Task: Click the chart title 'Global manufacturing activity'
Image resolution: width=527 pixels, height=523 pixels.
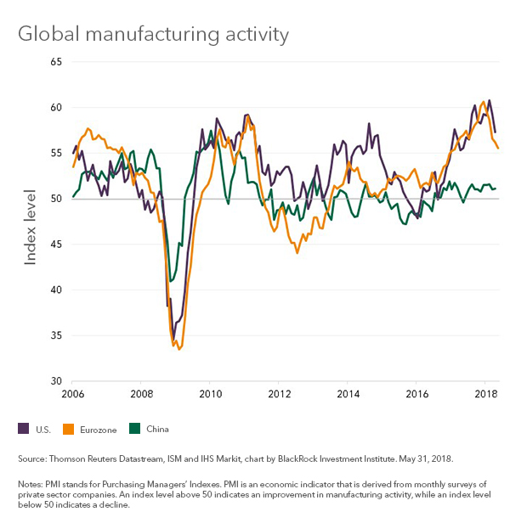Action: click(x=154, y=34)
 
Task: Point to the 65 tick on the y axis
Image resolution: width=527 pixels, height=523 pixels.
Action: click(x=57, y=62)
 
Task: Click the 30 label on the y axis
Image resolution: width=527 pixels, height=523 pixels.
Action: click(x=57, y=380)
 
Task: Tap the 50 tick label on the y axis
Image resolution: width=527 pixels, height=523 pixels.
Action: click(x=57, y=199)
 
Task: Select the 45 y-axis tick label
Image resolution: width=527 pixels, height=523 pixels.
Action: click(x=57, y=245)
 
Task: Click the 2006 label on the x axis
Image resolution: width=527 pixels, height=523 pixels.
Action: click(x=73, y=394)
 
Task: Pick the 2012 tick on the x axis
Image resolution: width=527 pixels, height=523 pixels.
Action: click(x=280, y=394)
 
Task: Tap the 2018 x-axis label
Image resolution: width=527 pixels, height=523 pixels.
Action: click(x=486, y=394)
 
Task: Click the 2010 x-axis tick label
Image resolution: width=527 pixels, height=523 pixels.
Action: click(x=211, y=394)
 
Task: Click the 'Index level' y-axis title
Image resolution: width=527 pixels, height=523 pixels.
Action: click(x=31, y=221)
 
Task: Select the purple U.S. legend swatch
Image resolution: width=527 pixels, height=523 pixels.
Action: click(x=23, y=429)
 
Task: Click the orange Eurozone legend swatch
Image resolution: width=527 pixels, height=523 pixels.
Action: click(x=70, y=429)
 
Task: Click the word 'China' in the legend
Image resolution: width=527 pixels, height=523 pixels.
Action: click(x=158, y=430)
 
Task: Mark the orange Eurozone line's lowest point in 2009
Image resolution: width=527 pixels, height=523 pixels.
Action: click(x=179, y=349)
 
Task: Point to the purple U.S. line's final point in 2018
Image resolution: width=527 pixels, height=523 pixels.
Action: click(x=496, y=132)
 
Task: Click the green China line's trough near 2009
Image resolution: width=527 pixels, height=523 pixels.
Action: click(x=172, y=281)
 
